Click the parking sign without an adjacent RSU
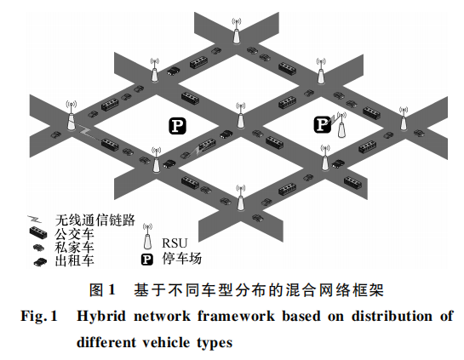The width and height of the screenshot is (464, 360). pos(177,126)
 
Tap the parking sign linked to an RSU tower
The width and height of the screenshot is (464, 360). pos(322,124)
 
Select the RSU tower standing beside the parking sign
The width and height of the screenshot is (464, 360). pos(341,126)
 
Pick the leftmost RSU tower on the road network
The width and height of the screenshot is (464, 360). pos(71,116)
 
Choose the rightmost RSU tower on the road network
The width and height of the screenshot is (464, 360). pos(404,119)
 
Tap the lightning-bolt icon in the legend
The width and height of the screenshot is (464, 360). pos(35,220)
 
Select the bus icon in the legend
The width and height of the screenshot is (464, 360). pos(38,232)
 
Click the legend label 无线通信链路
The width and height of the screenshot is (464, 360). pos(95,220)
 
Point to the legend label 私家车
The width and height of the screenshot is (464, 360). pos(74,248)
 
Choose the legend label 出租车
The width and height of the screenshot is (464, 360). pos(74,261)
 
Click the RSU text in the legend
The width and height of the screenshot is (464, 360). pos(175,243)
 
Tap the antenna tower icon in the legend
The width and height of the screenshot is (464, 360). pos(147,237)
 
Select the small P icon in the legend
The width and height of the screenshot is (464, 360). pos(147,260)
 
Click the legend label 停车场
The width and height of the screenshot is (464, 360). pos(181,259)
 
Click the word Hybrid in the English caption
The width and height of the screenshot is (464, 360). pos(101,317)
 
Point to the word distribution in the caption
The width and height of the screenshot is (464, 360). pos(392,316)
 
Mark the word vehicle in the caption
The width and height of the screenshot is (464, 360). pos(166,342)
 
